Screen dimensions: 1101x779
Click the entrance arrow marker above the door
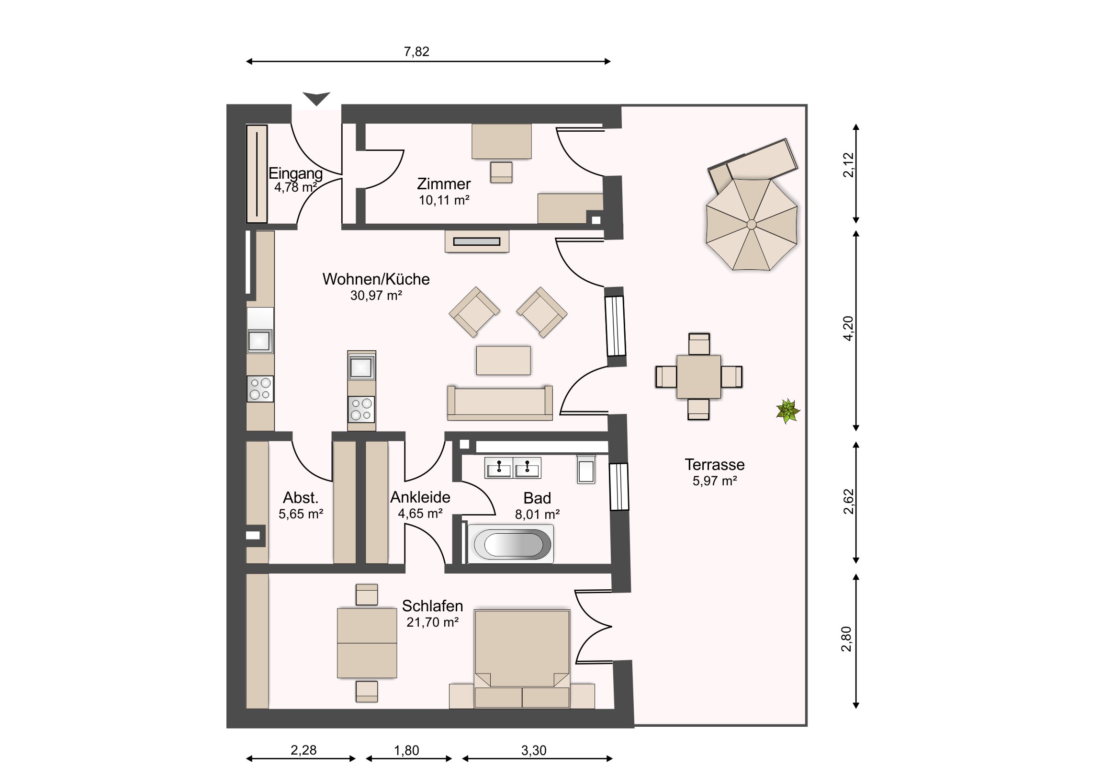coord(316,98)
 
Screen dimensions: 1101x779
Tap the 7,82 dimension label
coord(416,51)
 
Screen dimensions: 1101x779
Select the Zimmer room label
coord(444,184)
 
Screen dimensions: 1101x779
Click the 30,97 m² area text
coord(376,295)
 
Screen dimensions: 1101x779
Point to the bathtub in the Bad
coord(511,544)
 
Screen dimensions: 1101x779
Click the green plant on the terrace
coord(788,412)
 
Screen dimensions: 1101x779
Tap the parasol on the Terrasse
coord(752,224)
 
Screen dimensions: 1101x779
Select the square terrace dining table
coord(699,377)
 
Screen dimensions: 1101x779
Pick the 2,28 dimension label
coord(303,750)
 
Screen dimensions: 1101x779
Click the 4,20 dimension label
coord(848,328)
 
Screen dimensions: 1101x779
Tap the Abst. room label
coord(301,497)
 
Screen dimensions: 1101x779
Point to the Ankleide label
coord(420,497)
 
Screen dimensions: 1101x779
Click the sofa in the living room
coord(500,402)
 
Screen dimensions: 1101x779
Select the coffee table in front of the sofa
coord(503,360)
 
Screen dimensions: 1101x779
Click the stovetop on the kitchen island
coord(361,410)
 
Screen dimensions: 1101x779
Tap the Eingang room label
coord(295,173)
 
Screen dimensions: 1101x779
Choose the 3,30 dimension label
coord(534,750)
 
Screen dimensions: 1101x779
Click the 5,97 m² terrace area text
coord(715,481)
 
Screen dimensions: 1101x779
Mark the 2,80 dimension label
coord(847,639)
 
